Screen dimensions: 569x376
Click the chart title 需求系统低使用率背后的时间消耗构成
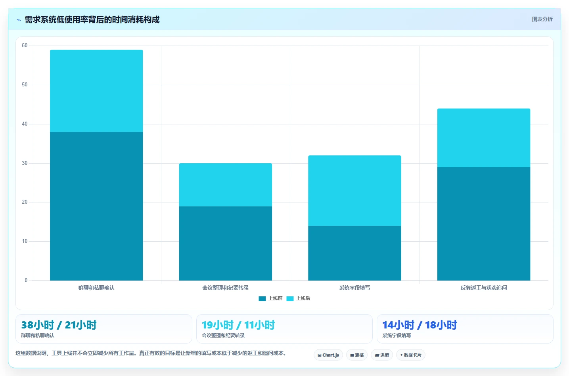coord(92,19)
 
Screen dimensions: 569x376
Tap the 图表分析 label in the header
coord(542,19)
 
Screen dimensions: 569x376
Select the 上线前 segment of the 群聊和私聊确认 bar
coord(96,206)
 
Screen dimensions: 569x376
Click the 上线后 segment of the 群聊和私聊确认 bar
coord(96,91)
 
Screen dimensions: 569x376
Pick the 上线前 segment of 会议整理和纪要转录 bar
coord(226,244)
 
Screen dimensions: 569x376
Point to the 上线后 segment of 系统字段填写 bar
coord(354,191)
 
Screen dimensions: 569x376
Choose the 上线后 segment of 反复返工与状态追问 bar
coord(484,138)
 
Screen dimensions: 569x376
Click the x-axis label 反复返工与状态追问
coord(484,288)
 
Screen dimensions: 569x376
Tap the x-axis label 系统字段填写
coord(354,288)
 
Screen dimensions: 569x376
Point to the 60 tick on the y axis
coord(25,46)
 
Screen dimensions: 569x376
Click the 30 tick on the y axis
coord(25,163)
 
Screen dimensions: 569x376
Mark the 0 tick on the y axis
coord(26,280)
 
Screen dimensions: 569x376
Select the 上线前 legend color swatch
coord(262,299)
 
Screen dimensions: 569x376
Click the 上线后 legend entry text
coord(303,298)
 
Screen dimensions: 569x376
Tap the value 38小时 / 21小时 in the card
coord(59,325)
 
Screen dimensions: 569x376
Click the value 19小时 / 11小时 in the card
coord(238,325)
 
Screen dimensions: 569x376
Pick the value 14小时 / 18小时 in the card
coord(420,325)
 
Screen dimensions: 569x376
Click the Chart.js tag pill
coord(328,355)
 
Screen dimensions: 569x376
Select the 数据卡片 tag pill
coord(410,355)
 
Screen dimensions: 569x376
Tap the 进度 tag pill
coord(382,355)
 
